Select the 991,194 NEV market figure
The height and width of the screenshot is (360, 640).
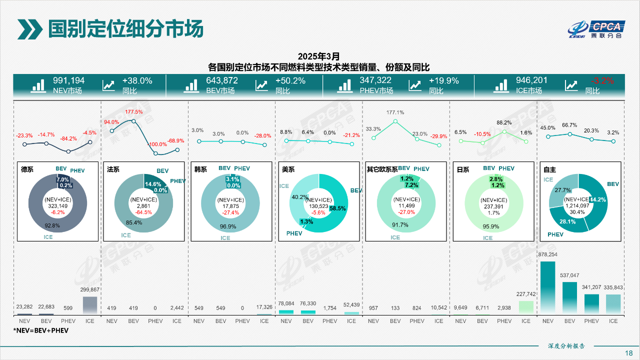69,80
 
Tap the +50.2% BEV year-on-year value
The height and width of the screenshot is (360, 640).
290,80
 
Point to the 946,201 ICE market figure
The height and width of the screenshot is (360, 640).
531,80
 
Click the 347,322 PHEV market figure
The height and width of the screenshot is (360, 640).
375,80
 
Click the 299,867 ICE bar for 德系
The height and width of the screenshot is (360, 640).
90,305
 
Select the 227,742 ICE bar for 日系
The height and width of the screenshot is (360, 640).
526,307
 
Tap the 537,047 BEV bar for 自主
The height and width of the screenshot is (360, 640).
570,298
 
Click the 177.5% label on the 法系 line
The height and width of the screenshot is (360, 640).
134,112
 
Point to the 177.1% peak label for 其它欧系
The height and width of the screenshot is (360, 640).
395,112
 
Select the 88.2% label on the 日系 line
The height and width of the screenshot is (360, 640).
504,122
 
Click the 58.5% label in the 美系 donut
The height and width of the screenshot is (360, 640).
337,208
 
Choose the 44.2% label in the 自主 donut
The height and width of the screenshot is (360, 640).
598,199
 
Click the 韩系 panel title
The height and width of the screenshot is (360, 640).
200,169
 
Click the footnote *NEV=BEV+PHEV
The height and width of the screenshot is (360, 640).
41,330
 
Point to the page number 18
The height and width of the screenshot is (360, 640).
628,353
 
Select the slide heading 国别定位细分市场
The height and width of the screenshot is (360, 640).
125,29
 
